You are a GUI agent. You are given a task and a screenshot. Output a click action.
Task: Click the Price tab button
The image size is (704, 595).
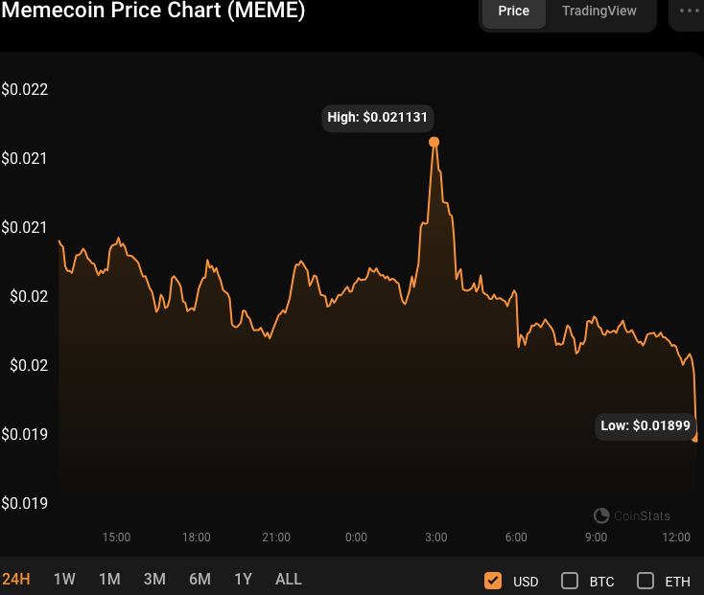click(513, 11)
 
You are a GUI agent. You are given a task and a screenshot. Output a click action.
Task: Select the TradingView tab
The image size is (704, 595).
click(598, 11)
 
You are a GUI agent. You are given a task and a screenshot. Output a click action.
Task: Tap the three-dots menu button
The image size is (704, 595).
click(690, 11)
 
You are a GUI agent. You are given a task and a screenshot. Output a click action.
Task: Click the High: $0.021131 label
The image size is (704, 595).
click(380, 118)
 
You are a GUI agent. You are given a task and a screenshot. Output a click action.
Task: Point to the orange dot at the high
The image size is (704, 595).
click(434, 142)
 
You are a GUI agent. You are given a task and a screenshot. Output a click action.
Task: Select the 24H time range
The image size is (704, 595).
click(16, 579)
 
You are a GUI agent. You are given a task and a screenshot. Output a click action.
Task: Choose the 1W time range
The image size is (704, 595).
click(64, 579)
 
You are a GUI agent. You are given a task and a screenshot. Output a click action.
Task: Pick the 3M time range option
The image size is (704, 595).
click(154, 579)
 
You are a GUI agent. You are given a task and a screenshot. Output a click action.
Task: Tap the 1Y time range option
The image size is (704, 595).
click(244, 579)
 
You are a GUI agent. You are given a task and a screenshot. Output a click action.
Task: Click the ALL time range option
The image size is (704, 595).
click(289, 579)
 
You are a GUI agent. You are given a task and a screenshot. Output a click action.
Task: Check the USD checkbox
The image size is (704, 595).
click(494, 581)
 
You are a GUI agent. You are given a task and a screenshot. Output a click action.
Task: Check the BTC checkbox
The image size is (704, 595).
click(570, 581)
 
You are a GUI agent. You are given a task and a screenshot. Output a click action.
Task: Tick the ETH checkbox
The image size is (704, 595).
click(645, 581)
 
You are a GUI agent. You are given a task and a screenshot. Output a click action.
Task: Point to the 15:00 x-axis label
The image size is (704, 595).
click(117, 538)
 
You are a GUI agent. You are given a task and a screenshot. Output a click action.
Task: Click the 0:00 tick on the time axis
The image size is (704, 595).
click(356, 538)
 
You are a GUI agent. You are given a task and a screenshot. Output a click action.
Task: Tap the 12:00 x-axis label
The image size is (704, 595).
click(677, 538)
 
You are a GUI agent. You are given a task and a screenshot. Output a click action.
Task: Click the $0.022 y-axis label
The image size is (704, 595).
click(24, 90)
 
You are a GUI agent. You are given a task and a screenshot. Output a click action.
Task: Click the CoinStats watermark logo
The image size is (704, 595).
click(602, 515)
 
